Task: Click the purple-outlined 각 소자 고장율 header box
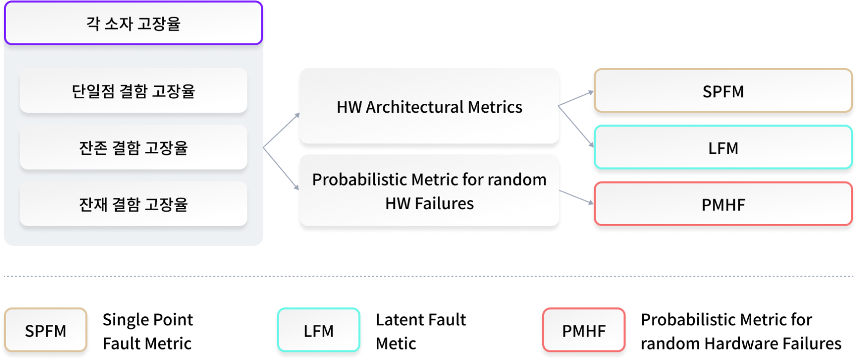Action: (133, 24)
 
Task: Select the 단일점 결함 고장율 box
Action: (133, 91)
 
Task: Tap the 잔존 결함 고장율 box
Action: (133, 147)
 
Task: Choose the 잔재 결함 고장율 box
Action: (133, 204)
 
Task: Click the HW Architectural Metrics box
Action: (429, 106)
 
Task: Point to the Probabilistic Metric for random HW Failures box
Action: (429, 191)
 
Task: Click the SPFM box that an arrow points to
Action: (723, 91)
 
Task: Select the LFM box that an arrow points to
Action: (723, 148)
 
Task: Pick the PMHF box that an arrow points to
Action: (723, 205)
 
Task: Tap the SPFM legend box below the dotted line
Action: (46, 330)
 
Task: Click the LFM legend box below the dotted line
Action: (318, 330)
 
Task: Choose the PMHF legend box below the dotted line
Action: (584, 330)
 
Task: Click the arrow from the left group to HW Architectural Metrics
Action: (281, 131)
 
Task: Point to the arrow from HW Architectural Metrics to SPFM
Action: (576, 98)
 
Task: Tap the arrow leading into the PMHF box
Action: (576, 197)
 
